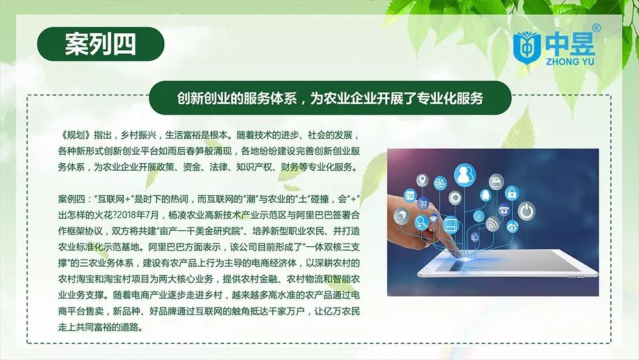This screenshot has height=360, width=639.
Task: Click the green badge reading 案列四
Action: (101, 44)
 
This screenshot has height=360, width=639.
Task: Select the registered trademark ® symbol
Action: (596, 28)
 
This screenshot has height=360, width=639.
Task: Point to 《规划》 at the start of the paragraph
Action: (74, 135)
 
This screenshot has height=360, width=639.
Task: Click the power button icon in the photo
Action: (527, 211)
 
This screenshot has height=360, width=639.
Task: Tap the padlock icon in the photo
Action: (512, 192)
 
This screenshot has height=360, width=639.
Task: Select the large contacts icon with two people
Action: (465, 175)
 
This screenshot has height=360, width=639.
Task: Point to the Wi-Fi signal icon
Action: (493, 223)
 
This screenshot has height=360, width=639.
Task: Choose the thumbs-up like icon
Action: (475, 237)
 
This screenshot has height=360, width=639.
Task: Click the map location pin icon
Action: (422, 180)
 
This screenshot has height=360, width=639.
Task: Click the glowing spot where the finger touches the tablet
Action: (463, 257)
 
